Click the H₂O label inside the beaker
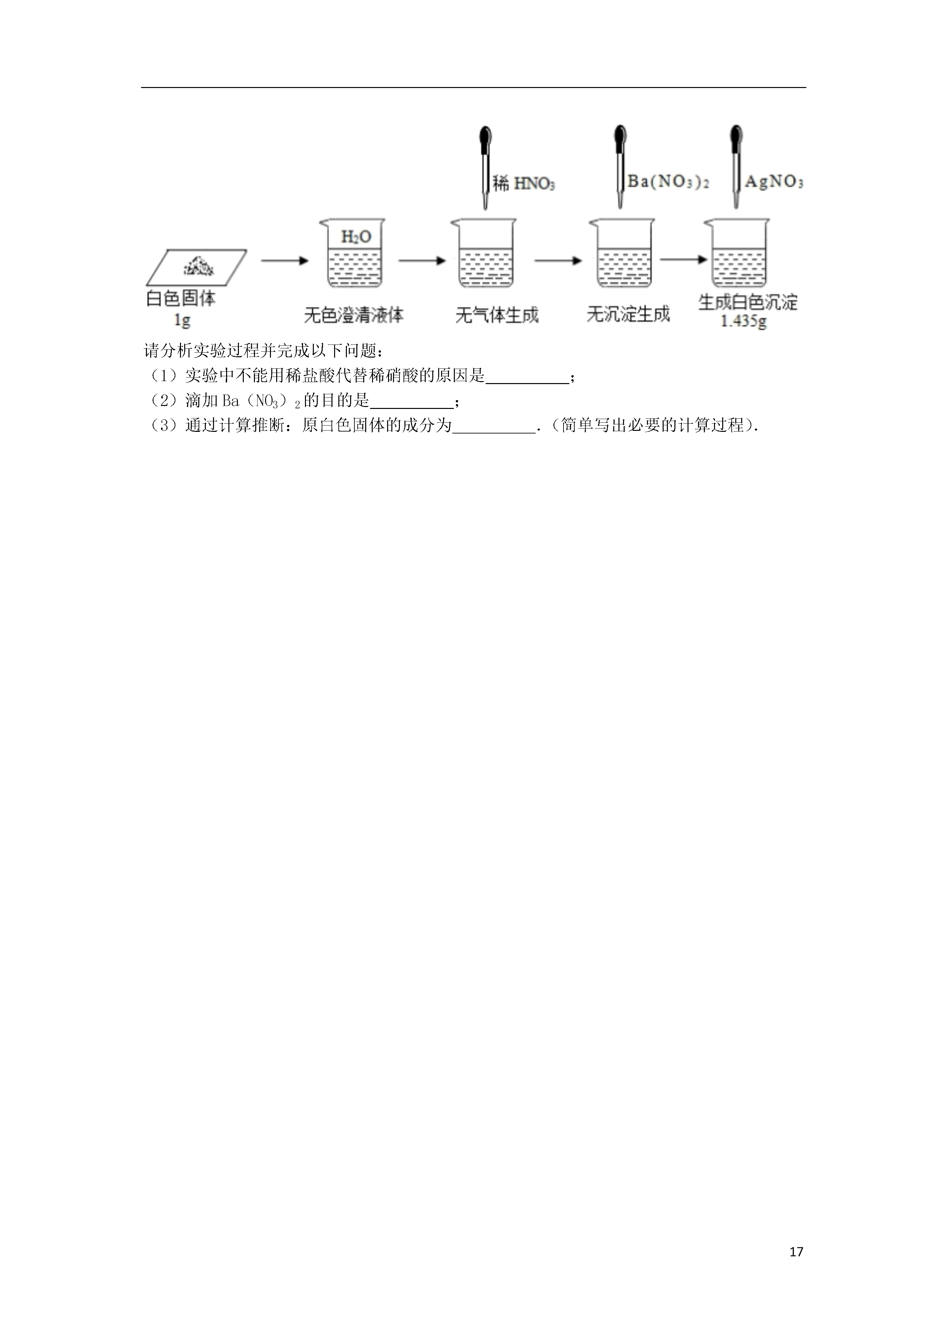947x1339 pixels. point(356,237)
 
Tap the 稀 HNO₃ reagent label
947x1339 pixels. point(523,184)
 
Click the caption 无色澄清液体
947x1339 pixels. point(354,315)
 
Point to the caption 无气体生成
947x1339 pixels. point(496,315)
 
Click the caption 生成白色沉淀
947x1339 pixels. point(747,302)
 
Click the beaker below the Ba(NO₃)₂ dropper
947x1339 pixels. point(623,254)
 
